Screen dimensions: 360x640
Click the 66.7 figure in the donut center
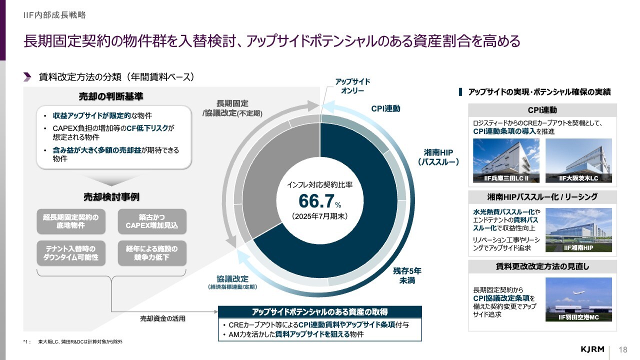point(316,200)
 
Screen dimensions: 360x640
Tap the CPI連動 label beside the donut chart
point(385,108)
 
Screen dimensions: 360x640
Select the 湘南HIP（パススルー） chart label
point(438,157)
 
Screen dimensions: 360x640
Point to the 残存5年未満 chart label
point(407,275)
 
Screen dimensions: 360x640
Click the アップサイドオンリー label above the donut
point(352,86)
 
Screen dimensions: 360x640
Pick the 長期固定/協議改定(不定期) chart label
point(232,108)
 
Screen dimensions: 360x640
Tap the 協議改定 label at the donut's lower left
point(232,282)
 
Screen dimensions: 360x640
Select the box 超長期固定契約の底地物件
point(70,221)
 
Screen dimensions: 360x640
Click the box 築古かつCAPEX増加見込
point(152,221)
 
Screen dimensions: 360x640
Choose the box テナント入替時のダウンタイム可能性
point(70,253)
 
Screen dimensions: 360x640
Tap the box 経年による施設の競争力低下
point(152,253)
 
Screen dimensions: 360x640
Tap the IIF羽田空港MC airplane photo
point(578,299)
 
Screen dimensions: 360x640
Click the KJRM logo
point(593,349)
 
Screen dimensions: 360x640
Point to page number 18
point(623,349)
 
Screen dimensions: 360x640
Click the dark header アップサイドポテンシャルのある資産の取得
point(320,311)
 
